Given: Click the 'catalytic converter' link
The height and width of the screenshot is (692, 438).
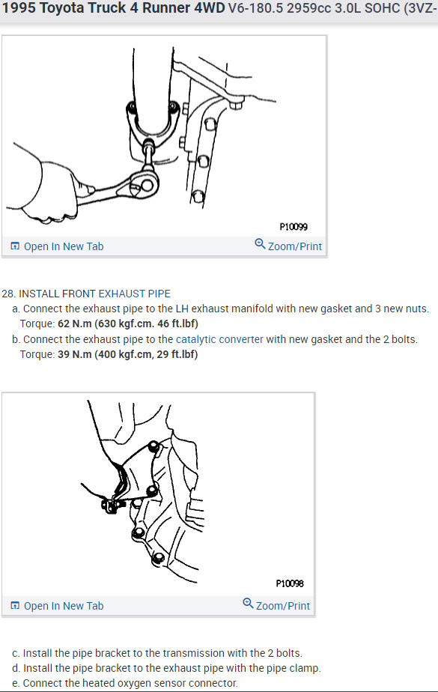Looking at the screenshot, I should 219,339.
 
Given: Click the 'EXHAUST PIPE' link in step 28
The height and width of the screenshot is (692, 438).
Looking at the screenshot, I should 135,294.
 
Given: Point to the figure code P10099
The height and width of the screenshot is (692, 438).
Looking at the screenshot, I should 293,226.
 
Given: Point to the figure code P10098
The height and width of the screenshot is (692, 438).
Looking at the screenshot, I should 289,583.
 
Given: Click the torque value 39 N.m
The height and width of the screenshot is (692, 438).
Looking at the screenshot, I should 74,354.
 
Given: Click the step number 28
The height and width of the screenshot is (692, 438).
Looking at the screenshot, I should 8,294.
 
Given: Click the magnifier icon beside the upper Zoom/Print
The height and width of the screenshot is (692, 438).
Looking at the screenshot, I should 260,244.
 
